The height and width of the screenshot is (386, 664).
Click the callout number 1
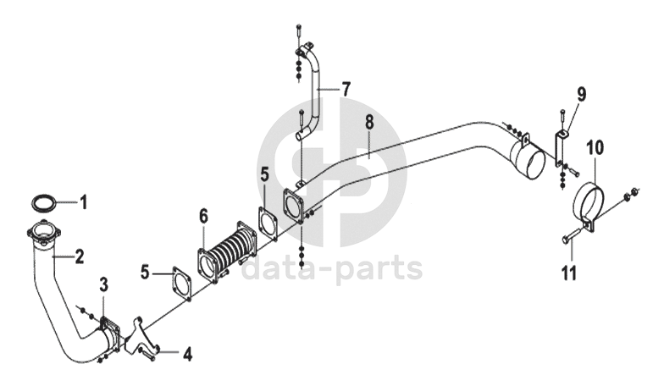click(x=84, y=201)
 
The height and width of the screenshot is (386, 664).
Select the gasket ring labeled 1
click(x=44, y=202)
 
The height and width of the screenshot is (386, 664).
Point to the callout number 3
click(x=103, y=283)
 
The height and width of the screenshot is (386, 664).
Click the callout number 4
click(x=188, y=354)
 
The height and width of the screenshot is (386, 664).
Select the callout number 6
click(x=203, y=217)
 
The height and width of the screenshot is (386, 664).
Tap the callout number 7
click(x=346, y=88)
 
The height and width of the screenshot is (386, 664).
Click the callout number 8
click(x=369, y=123)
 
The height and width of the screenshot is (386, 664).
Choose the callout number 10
click(x=595, y=147)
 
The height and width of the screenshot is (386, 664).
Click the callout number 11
click(x=568, y=273)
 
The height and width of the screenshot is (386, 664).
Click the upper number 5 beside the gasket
click(x=264, y=175)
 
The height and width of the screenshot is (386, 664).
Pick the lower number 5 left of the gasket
click(x=146, y=273)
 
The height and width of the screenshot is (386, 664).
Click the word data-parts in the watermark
click(x=332, y=269)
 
